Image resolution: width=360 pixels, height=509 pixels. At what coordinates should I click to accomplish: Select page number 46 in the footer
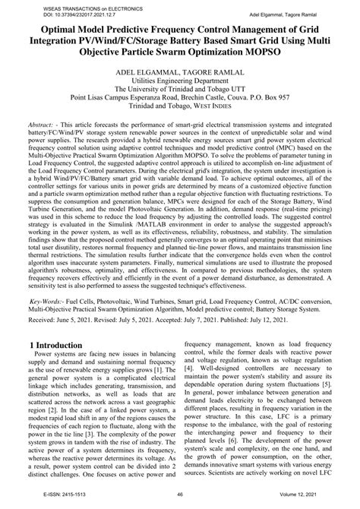(179, 501)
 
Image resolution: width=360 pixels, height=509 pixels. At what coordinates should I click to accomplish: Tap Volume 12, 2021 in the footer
(306, 501)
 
